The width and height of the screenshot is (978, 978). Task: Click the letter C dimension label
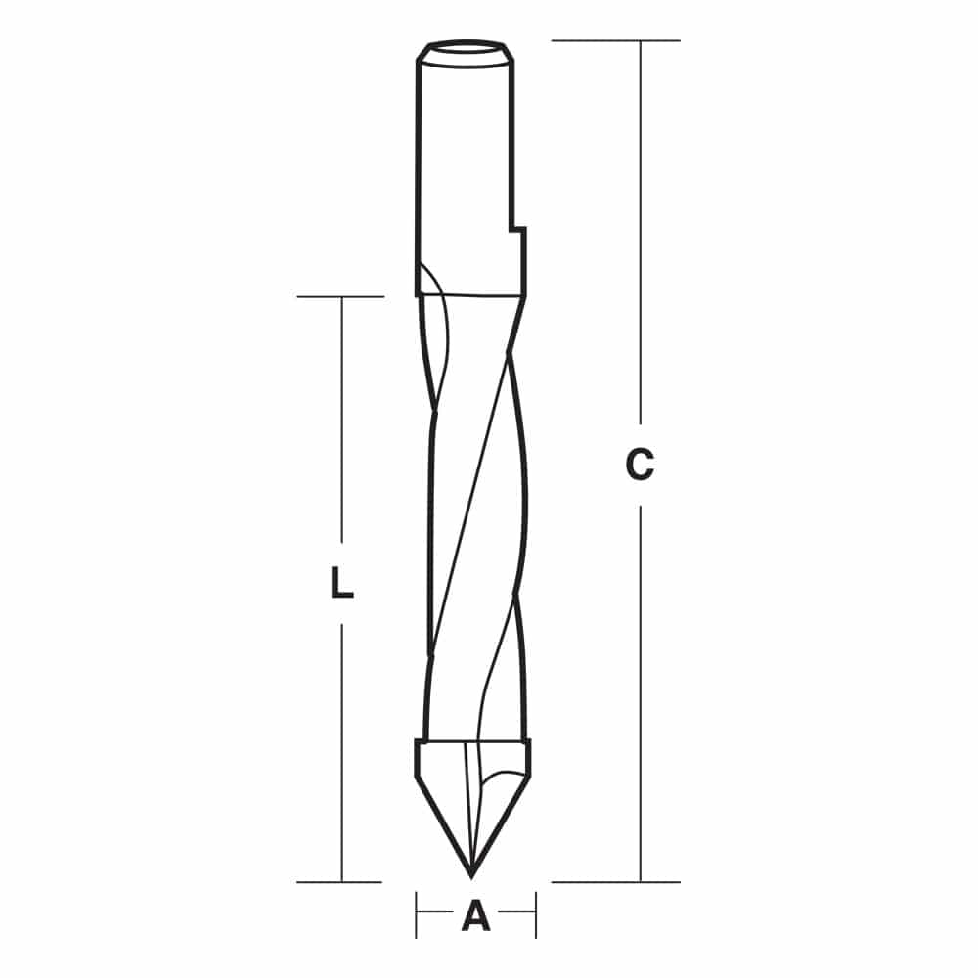point(640,466)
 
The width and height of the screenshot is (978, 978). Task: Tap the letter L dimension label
point(340,585)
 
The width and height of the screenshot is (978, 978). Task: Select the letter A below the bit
point(475,916)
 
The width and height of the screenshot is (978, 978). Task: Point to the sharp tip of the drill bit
point(472,873)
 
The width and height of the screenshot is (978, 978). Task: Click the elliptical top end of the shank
point(466,47)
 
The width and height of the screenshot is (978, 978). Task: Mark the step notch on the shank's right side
point(515,231)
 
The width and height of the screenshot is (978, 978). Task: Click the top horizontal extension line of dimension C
point(615,40)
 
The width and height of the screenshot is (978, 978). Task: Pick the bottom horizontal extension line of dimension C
point(615,881)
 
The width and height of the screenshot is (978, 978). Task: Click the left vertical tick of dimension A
point(417,916)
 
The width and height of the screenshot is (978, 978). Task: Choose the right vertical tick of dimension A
point(535,916)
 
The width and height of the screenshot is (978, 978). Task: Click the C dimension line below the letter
point(641,685)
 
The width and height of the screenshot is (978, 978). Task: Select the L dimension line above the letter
point(341,421)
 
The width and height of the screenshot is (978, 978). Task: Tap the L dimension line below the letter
point(341,753)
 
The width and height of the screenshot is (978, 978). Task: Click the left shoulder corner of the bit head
point(417,742)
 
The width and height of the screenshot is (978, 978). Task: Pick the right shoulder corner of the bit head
point(530,742)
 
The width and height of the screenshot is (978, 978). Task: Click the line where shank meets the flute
point(469,294)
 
